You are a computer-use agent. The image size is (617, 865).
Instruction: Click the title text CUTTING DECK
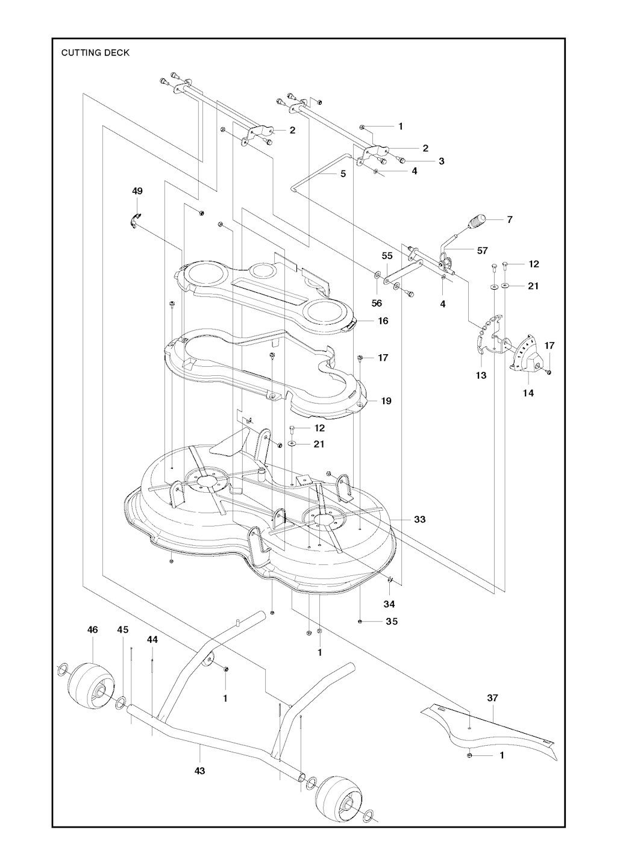point(95,52)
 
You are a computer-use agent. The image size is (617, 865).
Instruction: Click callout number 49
point(137,191)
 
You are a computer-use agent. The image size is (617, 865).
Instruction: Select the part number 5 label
point(343,174)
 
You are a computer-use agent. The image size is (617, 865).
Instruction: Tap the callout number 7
point(510,219)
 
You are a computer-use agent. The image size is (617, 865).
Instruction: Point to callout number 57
point(482,251)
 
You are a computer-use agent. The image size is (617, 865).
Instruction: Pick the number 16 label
point(383,321)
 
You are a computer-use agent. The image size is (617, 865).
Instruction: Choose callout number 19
point(386,401)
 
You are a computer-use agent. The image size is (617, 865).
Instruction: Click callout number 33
point(420,519)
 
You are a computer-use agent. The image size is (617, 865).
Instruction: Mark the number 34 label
point(389,604)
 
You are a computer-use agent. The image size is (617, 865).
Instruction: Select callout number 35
point(392,622)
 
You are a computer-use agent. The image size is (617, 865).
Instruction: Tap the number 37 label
point(492,698)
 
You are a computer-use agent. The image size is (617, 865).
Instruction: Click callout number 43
point(200,770)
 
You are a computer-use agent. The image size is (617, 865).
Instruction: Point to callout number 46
point(92,629)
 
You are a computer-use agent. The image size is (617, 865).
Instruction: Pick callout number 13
point(482,375)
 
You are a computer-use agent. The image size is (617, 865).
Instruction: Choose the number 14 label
point(528,393)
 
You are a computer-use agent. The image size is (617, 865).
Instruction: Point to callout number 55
point(387,256)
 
